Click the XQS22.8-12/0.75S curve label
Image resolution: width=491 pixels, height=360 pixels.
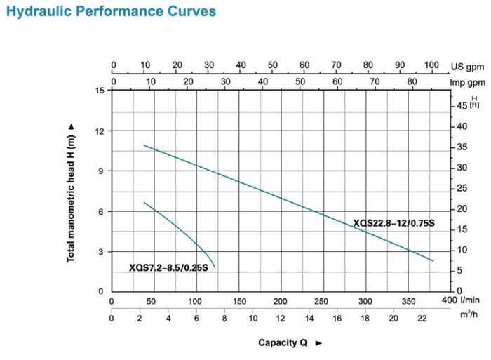[x=394, y=224]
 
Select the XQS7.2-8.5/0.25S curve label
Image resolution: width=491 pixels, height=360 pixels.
[x=168, y=267]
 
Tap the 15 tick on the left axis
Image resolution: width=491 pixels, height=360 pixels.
[x=100, y=91]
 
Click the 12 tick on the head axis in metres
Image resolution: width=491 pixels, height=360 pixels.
[x=100, y=131]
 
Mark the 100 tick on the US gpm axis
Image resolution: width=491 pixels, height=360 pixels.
[x=431, y=65]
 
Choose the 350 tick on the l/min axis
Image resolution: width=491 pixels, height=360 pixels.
[x=408, y=301]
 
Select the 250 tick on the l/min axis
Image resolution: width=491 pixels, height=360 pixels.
[x=323, y=301]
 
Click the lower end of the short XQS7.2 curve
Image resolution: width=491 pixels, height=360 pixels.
[x=215, y=267]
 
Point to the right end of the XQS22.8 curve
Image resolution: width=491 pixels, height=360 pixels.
[x=433, y=260]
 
